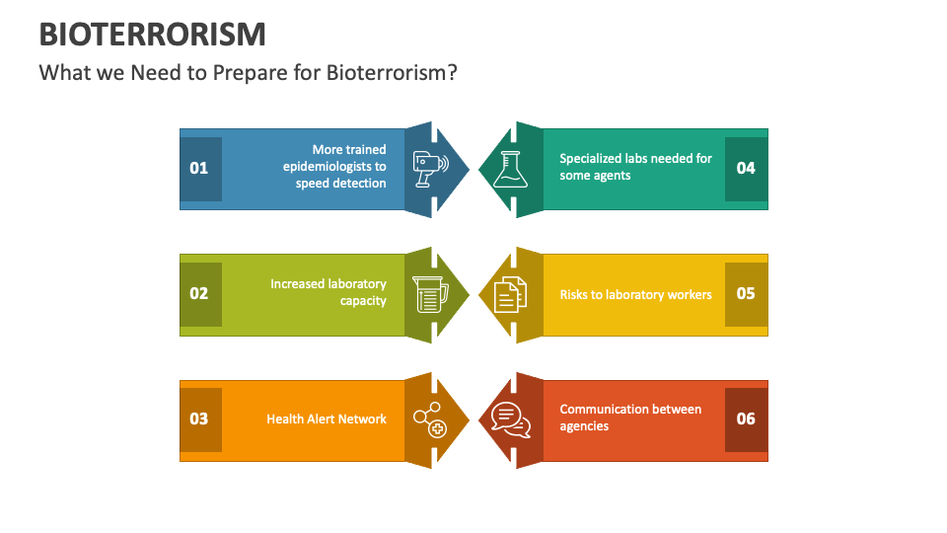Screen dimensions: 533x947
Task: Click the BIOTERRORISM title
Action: pyautogui.click(x=153, y=34)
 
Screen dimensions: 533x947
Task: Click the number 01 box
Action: pyautogui.click(x=199, y=168)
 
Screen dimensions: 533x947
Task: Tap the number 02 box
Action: pyautogui.click(x=199, y=293)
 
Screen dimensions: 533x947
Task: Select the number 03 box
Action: pyautogui.click(x=199, y=419)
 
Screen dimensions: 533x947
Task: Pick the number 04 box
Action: pyautogui.click(x=746, y=168)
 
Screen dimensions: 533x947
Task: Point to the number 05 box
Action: pyautogui.click(x=746, y=293)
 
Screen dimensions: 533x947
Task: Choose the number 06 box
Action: pyautogui.click(x=746, y=419)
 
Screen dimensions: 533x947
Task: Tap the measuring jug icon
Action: pyautogui.click(x=429, y=294)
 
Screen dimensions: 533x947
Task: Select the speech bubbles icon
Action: pyautogui.click(x=511, y=419)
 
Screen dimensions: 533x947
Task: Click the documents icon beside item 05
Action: pyautogui.click(x=510, y=294)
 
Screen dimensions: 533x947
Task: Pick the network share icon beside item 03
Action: pyautogui.click(x=429, y=419)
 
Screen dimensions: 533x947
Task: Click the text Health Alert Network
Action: pyautogui.click(x=327, y=419)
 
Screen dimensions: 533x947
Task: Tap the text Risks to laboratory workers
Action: pyautogui.click(x=635, y=294)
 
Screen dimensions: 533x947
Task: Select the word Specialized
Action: pyautogui.click(x=590, y=158)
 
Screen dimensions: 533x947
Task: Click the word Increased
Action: pyautogui.click(x=297, y=284)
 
